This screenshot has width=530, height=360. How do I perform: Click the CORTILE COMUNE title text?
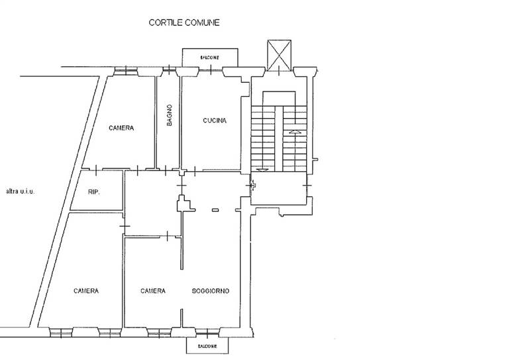(x=184, y=23)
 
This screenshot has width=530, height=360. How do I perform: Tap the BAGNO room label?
(x=170, y=115)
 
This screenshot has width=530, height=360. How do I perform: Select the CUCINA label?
(x=215, y=121)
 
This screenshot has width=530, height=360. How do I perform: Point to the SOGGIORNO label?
(x=211, y=291)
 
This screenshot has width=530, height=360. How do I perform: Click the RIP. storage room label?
(x=94, y=192)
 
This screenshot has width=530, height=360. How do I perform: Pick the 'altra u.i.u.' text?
(x=21, y=192)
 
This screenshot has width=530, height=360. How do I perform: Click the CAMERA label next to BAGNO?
(x=121, y=128)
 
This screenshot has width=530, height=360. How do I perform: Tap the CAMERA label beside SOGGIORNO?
(x=153, y=291)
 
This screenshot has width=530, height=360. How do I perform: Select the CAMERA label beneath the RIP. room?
(x=86, y=291)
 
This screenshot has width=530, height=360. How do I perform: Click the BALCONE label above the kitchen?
(x=209, y=58)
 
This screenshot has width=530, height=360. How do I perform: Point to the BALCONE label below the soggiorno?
(x=207, y=347)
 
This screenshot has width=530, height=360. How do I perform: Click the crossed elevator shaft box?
(x=279, y=55)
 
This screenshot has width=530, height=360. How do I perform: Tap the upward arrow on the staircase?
(x=295, y=132)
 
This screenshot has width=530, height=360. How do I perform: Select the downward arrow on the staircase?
(x=262, y=170)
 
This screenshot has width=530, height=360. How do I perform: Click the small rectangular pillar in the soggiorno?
(x=215, y=210)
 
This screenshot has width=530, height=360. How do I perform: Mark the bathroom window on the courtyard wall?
(x=170, y=70)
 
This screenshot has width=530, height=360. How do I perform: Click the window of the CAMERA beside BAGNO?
(x=126, y=71)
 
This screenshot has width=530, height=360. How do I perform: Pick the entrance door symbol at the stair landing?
(x=252, y=186)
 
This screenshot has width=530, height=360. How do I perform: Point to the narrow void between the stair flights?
(x=278, y=139)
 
